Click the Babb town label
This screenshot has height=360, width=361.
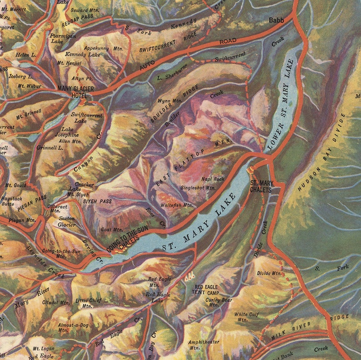pos(276,20)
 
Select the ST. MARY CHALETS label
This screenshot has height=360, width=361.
pos(261,186)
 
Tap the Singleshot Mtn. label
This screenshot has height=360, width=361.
pos(198,187)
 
